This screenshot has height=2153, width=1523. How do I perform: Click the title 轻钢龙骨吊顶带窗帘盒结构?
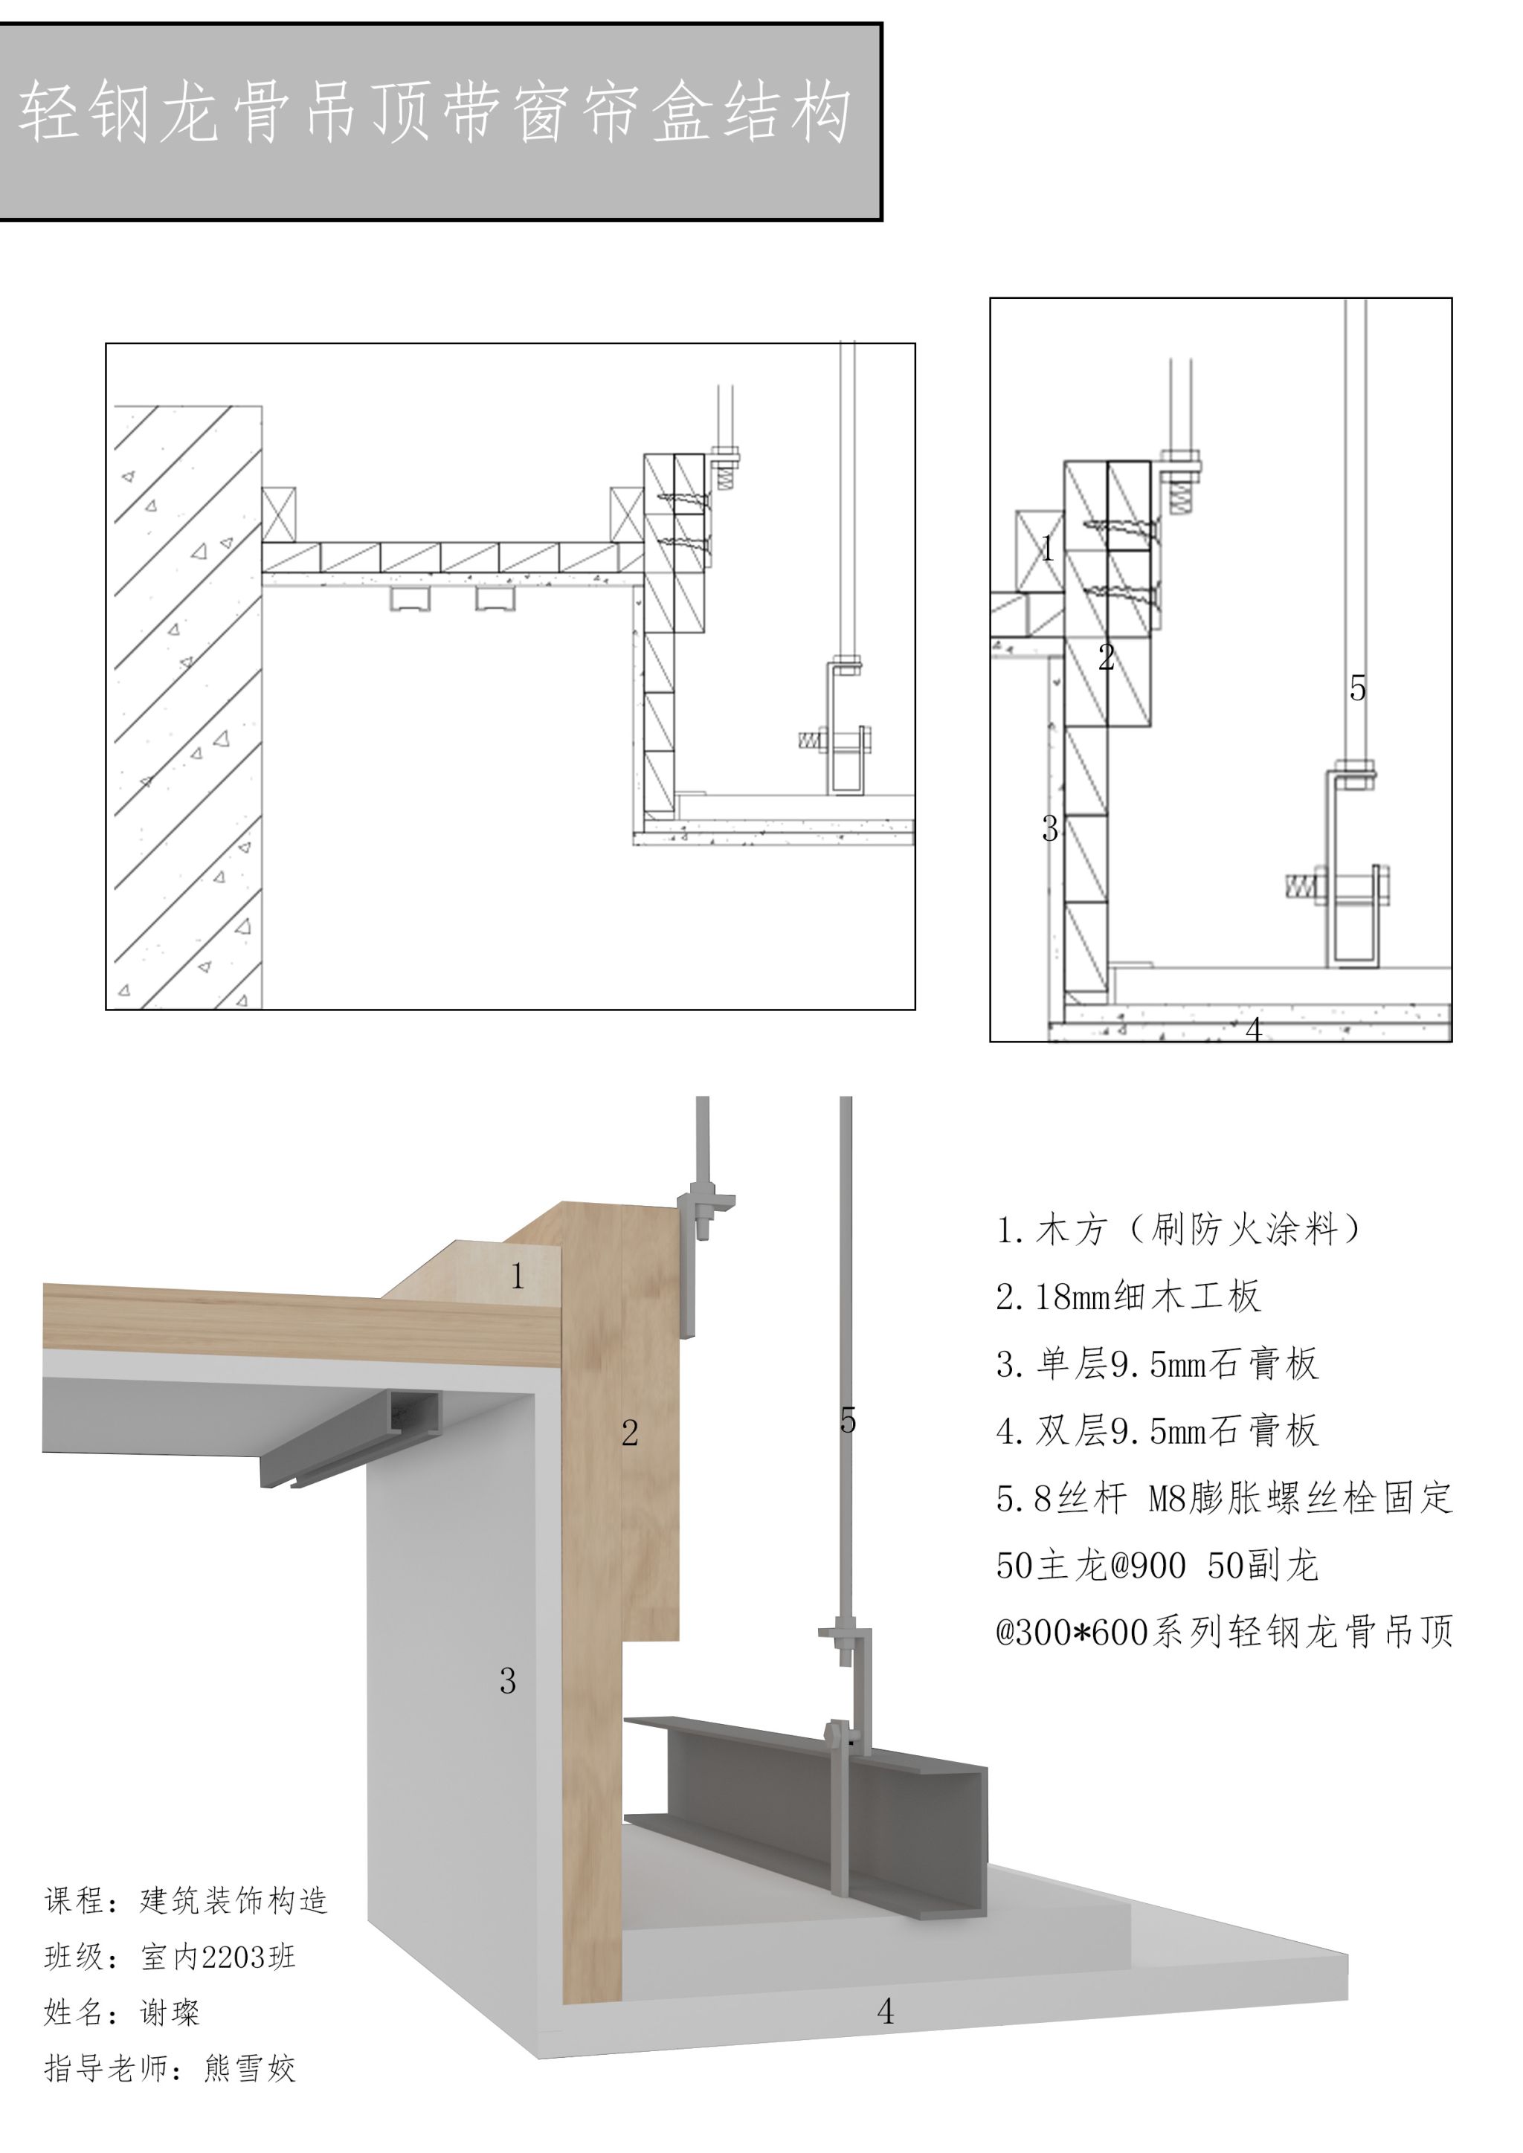tap(434, 112)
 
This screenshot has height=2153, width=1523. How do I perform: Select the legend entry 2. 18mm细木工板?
tap(1128, 1296)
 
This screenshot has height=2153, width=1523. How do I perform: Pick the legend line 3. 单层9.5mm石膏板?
tap(1157, 1363)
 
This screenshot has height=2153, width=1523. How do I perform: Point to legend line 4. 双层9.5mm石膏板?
tap(1157, 1431)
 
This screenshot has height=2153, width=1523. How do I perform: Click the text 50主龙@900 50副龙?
tap(1157, 1565)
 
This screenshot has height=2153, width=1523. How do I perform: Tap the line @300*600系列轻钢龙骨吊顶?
tap(1224, 1633)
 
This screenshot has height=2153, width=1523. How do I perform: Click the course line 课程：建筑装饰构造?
tap(186, 1901)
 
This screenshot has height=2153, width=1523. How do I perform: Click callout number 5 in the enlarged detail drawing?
tap(1357, 689)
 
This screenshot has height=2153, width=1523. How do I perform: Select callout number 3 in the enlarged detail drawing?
tap(1050, 829)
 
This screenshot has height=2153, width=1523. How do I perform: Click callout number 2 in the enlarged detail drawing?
tap(1107, 657)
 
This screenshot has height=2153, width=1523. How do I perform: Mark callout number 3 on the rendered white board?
tap(507, 1680)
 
